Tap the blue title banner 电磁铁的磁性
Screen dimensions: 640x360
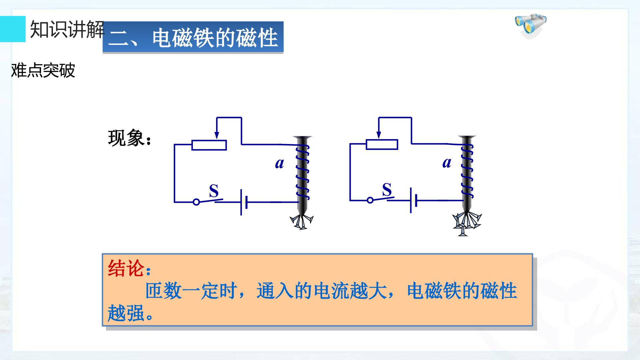click(193, 37)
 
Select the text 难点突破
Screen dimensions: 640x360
click(43, 70)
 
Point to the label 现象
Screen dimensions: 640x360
click(126, 138)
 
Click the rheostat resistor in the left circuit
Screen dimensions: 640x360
click(209, 145)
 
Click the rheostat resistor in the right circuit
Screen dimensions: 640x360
click(382, 144)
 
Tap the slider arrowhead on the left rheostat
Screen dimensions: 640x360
click(217, 135)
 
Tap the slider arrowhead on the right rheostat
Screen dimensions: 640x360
click(379, 135)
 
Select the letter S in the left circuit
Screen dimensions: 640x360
click(214, 191)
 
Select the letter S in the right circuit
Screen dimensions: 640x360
click(387, 190)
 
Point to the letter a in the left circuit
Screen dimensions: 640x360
click(280, 163)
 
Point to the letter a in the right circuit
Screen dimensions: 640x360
click(447, 162)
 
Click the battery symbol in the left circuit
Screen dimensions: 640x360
click(244, 202)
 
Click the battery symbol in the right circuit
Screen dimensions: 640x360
click(414, 200)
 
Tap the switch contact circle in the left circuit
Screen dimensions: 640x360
click(196, 202)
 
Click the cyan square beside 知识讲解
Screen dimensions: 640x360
click(13, 29)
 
